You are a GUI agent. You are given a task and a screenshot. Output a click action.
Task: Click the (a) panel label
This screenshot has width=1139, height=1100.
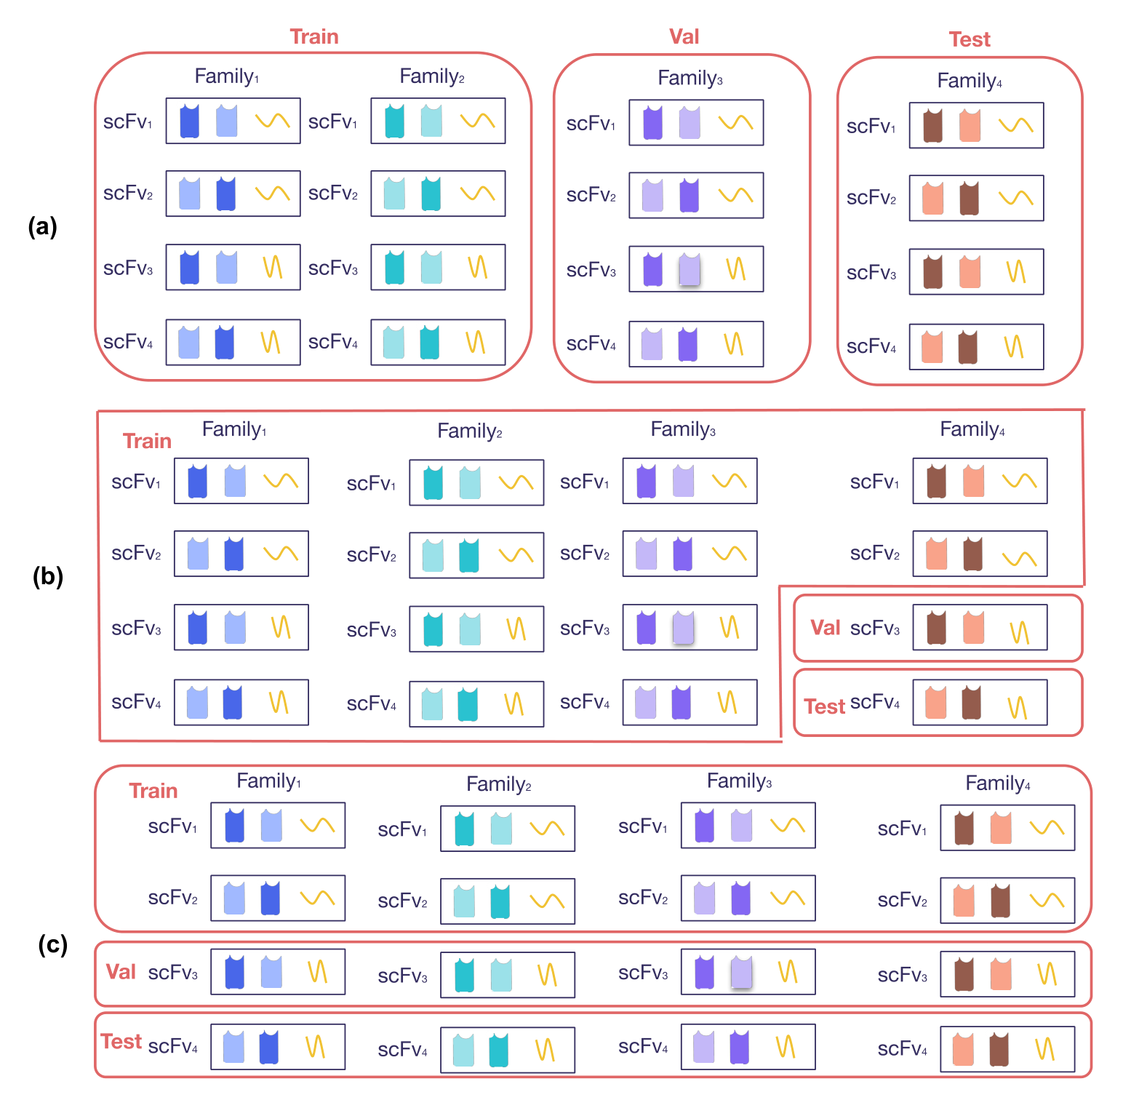click(42, 227)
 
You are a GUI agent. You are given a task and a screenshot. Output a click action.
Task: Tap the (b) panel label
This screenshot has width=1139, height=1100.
click(48, 576)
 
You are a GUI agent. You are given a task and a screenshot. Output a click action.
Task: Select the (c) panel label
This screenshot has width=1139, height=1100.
click(52, 944)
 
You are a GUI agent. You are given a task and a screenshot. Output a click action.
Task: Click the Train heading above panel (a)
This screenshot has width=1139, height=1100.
click(314, 36)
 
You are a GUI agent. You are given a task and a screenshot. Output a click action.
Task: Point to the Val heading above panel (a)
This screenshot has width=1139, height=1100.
click(684, 36)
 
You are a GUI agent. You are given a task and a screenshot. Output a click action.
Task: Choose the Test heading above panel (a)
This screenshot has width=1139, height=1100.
click(970, 39)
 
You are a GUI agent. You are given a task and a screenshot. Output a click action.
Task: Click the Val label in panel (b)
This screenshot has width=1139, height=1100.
click(825, 627)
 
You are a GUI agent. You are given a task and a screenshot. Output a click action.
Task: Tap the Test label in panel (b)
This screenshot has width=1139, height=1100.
click(825, 706)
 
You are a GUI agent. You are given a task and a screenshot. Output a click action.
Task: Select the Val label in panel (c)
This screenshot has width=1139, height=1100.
click(121, 972)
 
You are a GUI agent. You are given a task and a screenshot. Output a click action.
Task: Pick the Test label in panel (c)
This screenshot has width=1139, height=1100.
click(121, 1042)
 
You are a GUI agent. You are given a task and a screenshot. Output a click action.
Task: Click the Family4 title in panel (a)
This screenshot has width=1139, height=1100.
click(970, 81)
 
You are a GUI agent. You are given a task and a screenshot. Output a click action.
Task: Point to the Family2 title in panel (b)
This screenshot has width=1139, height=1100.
click(470, 431)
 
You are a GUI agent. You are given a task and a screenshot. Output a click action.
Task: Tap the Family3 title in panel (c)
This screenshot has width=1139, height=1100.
click(740, 781)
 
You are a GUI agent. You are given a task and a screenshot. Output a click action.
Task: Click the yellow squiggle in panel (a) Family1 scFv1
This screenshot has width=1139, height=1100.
click(273, 120)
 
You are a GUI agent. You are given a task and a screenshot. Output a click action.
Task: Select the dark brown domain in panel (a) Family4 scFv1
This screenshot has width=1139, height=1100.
click(932, 126)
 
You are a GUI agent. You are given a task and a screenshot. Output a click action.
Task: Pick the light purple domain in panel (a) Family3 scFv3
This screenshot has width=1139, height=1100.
click(690, 269)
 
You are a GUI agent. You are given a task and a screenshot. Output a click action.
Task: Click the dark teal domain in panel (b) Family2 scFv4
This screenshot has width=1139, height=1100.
click(468, 704)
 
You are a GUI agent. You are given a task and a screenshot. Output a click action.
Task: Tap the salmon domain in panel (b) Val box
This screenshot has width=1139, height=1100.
click(973, 628)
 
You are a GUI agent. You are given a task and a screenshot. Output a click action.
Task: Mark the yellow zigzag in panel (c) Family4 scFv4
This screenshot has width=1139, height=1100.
click(1044, 1048)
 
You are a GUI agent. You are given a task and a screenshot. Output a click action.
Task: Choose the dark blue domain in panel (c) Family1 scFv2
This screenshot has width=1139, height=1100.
click(271, 898)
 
